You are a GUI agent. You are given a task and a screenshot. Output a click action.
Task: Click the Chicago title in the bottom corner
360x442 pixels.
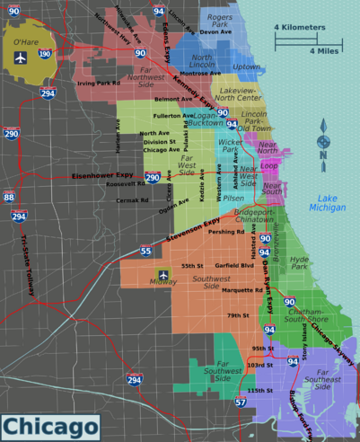(50, 425)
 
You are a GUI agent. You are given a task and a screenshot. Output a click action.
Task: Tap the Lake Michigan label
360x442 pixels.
(326, 202)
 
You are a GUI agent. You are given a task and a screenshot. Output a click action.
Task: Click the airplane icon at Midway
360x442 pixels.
(162, 274)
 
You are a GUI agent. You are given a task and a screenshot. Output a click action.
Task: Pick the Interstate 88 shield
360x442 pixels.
(9, 197)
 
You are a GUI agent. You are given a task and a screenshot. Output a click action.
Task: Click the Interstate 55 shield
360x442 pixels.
(145, 252)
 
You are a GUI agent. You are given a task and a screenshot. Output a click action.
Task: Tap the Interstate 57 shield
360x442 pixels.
(241, 402)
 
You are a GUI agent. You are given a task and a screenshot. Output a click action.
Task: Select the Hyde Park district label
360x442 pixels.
(299, 261)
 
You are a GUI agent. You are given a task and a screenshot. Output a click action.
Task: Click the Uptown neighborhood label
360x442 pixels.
(246, 66)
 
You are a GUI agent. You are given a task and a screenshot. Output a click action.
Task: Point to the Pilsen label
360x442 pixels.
(233, 198)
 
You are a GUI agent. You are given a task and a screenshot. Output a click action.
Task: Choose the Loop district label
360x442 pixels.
(269, 166)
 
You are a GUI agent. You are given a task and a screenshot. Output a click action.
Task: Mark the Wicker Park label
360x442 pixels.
(231, 146)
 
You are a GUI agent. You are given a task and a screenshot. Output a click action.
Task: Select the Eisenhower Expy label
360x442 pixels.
(102, 177)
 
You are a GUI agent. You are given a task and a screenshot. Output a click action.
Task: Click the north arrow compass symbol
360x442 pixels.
(324, 144)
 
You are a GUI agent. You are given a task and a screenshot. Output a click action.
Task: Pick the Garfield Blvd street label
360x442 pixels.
(234, 266)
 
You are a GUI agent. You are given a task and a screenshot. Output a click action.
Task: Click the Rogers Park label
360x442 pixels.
(219, 21)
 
